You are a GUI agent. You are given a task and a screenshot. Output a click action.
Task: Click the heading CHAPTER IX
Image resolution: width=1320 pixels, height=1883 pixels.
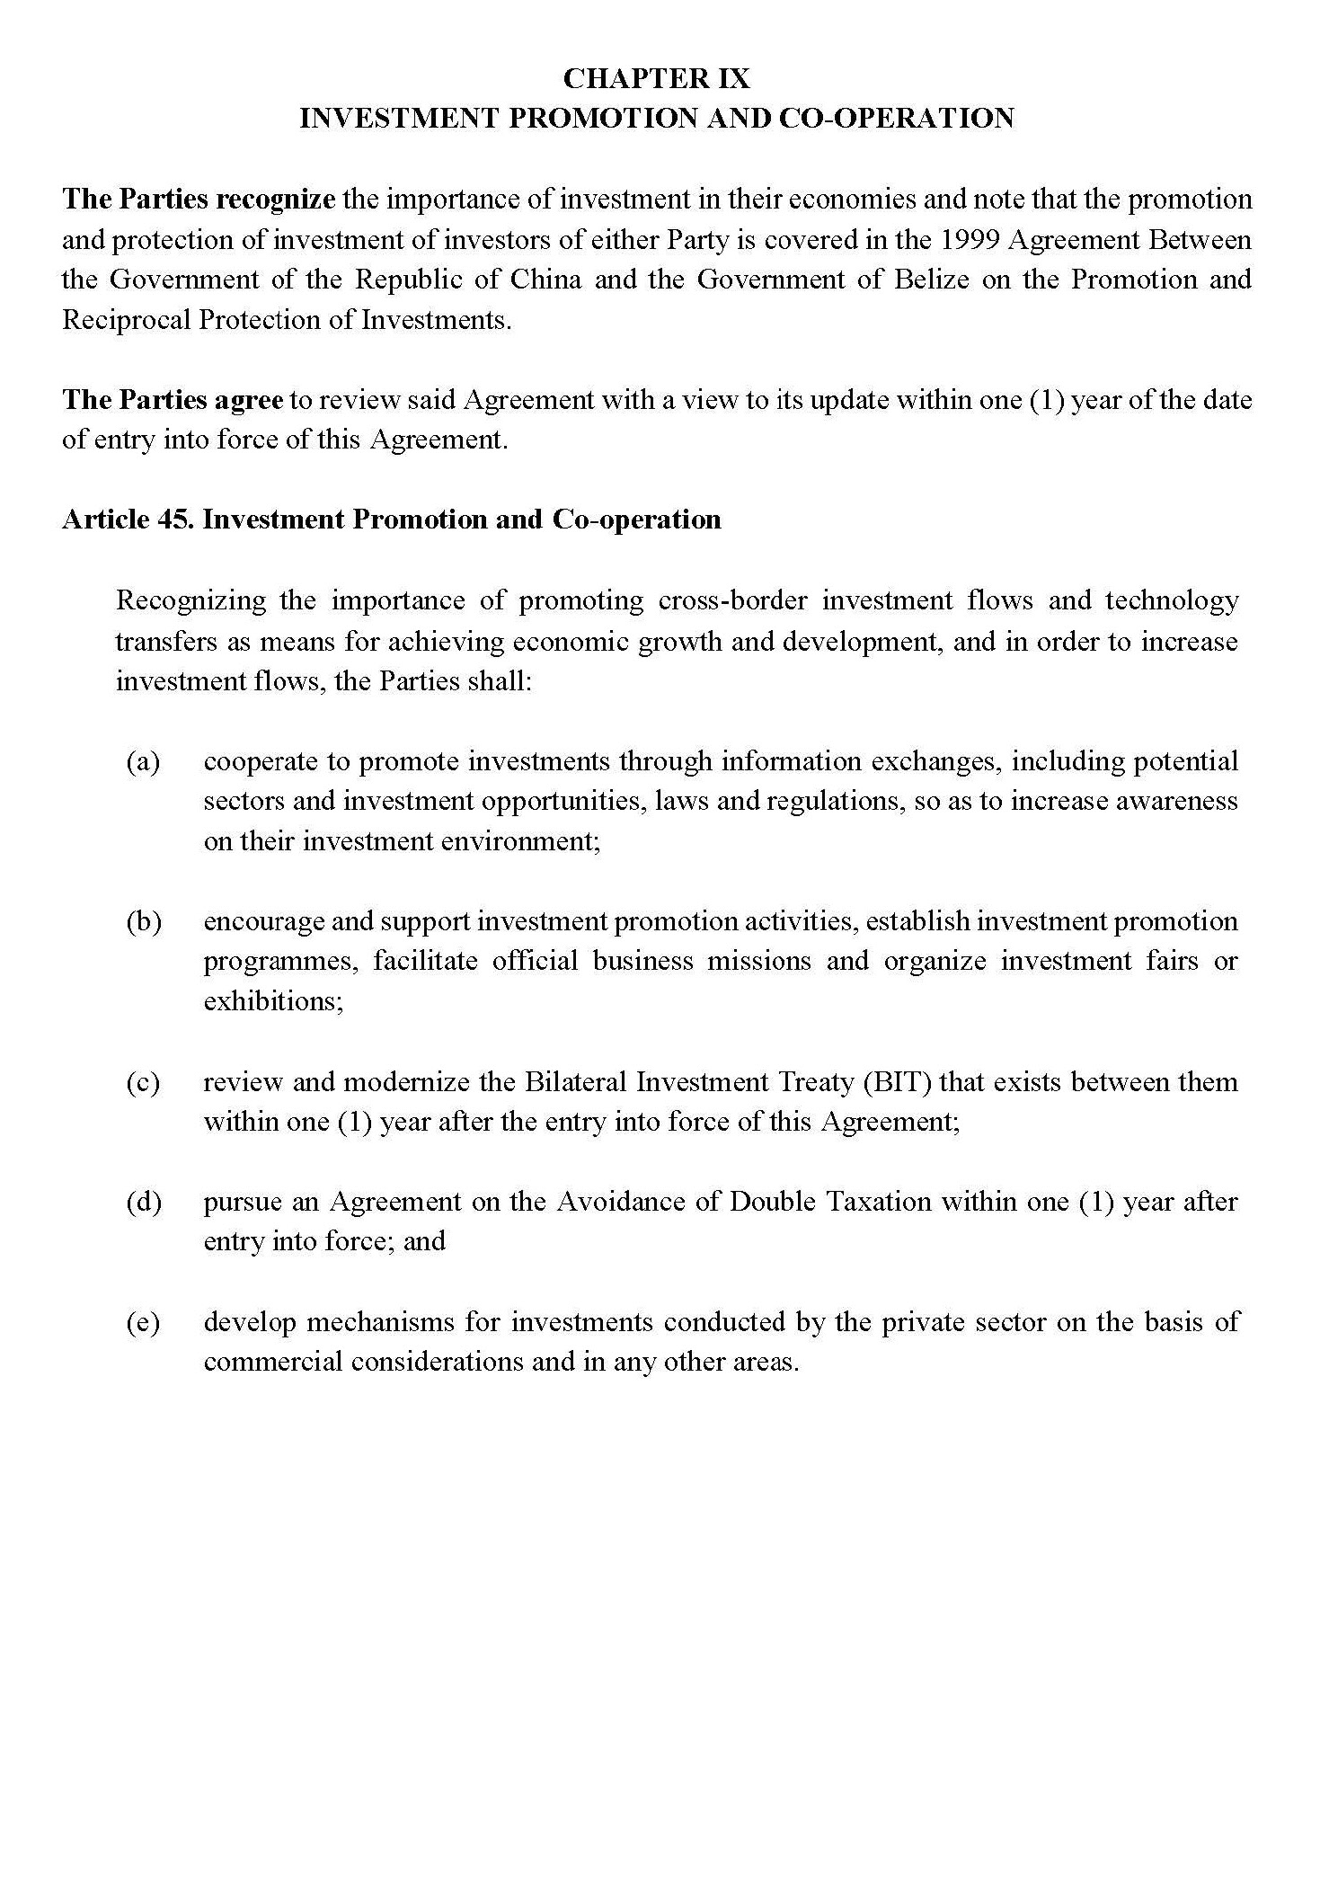tap(656, 79)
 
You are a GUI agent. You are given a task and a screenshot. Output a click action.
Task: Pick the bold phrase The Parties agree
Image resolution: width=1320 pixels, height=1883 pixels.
tap(173, 400)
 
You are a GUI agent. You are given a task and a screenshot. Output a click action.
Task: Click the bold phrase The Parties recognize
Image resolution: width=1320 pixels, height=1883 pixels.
tap(199, 200)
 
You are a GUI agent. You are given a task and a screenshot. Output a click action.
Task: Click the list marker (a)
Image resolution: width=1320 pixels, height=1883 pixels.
tap(143, 762)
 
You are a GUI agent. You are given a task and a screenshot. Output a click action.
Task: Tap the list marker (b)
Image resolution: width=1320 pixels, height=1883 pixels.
tap(143, 922)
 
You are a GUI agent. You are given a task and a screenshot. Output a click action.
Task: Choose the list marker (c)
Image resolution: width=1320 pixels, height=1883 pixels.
tap(143, 1082)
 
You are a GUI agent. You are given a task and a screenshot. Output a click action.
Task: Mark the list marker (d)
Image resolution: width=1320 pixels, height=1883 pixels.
tap(143, 1203)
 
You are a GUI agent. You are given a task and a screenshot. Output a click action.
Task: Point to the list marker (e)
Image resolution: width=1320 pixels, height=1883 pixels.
tap(143, 1323)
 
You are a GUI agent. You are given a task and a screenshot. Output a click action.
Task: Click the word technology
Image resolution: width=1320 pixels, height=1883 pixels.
tap(1171, 600)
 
